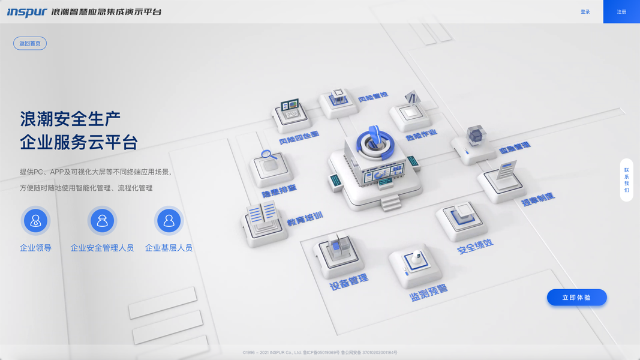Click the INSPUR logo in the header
27,12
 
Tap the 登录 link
585,12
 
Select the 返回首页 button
30,43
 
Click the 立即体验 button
576,298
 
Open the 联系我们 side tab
626,180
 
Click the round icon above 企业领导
35,221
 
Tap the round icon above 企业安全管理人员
102,221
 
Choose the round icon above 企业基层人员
169,221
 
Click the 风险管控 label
373,97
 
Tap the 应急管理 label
515,147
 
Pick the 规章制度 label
537,199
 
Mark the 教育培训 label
305,219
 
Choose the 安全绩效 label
475,245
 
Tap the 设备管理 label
349,282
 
